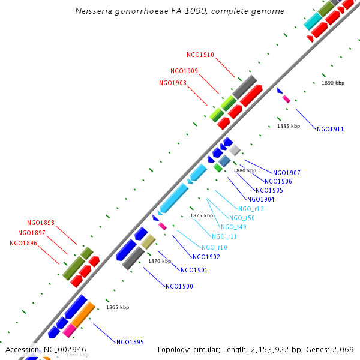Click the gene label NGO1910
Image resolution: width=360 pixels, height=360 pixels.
pos(200,55)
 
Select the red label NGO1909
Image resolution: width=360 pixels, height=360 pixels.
pos(184,71)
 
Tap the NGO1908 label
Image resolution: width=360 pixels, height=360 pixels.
pos(173,83)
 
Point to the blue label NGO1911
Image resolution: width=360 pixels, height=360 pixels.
pos(330,129)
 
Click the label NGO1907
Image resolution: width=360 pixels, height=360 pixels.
pos(287,173)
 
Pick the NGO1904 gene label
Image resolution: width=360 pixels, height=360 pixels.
pos(260,199)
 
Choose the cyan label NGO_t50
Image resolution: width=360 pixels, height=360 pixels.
pos(242,218)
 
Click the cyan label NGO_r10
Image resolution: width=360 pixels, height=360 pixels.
pos(214,247)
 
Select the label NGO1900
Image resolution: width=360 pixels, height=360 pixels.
pos(179,286)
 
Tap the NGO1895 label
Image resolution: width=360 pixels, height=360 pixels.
pos(130,342)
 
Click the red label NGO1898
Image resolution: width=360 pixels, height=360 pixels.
pos(41,223)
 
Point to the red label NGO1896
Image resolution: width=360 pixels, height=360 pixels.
pos(23,243)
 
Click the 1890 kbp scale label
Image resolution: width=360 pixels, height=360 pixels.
pos(333,83)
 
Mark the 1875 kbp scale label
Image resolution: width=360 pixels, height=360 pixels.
pos(202,215)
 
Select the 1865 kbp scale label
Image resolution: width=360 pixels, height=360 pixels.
pos(118,307)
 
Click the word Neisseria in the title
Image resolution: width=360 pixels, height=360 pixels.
pos(95,11)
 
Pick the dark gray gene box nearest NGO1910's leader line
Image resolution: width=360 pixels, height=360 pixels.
pos(245,88)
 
